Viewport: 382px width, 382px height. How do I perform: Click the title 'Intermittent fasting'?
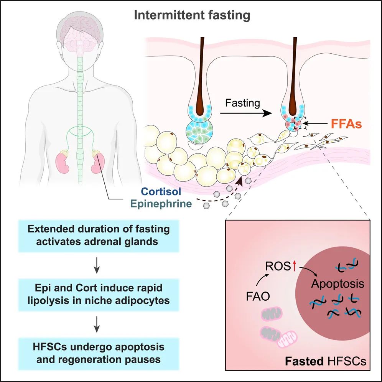click(192, 15)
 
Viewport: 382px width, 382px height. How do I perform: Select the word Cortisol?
click(161, 191)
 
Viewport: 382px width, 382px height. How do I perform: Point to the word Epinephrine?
click(161, 204)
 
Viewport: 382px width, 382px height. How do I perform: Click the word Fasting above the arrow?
click(242, 103)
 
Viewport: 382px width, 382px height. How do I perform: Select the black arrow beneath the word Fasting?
click(246, 113)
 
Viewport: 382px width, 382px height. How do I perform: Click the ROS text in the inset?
click(278, 266)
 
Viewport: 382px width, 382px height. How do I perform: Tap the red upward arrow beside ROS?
click(294, 266)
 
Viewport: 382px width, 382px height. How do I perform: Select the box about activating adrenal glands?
click(99, 235)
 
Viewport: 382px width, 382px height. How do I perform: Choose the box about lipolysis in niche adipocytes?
click(99, 295)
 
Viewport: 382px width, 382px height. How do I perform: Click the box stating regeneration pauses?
click(99, 354)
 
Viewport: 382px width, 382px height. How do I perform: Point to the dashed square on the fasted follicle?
click(300, 123)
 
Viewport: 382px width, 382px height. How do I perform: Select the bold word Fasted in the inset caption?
click(304, 361)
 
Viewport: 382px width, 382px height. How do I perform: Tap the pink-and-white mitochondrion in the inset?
click(288, 338)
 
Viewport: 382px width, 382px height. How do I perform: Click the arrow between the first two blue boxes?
click(97, 265)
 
